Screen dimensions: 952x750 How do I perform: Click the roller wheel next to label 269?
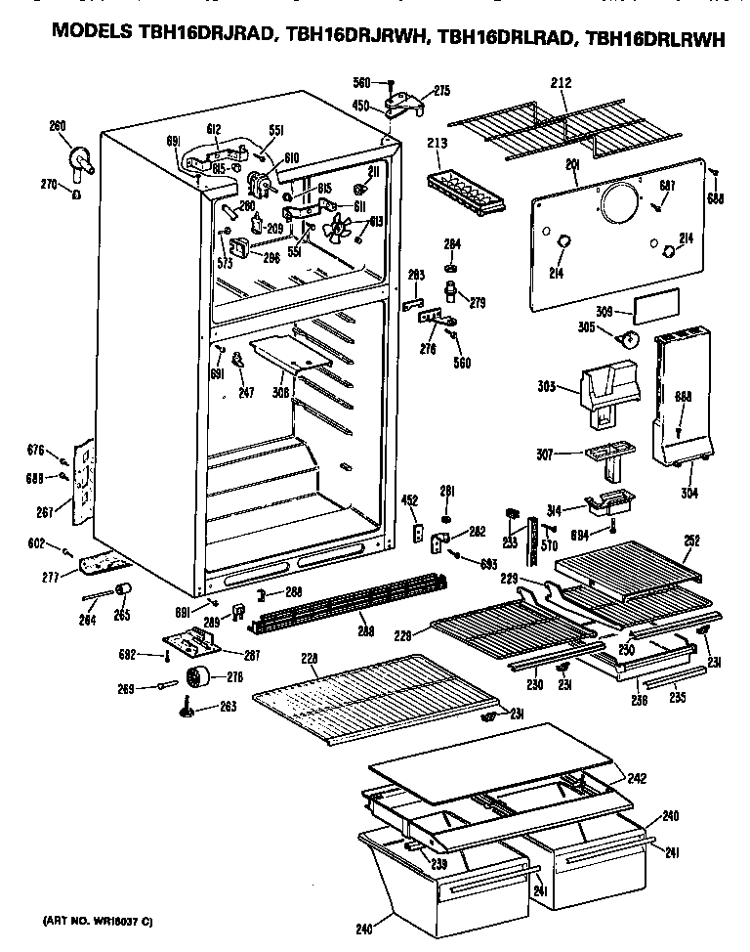(203, 676)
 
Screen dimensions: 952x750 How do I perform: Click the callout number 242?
(638, 779)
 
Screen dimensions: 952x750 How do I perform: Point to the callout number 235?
(676, 699)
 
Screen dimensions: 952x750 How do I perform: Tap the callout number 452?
(409, 500)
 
